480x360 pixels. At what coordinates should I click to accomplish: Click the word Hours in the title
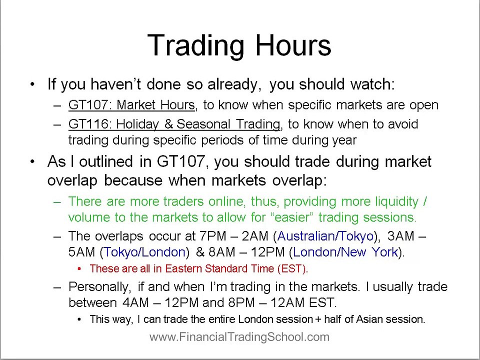[293, 45]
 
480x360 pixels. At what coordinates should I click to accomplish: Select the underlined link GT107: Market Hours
[131, 105]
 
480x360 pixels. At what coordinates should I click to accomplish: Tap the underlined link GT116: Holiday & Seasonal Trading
[174, 124]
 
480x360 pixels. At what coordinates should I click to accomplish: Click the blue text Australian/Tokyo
[325, 236]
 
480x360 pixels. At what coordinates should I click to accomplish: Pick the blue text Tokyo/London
[144, 252]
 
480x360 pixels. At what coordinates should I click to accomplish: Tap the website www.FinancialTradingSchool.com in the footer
[239, 337]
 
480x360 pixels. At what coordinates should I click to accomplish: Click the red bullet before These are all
[79, 268]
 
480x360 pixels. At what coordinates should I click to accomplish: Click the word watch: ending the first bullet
[372, 84]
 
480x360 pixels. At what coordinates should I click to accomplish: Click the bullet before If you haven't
[32, 84]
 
